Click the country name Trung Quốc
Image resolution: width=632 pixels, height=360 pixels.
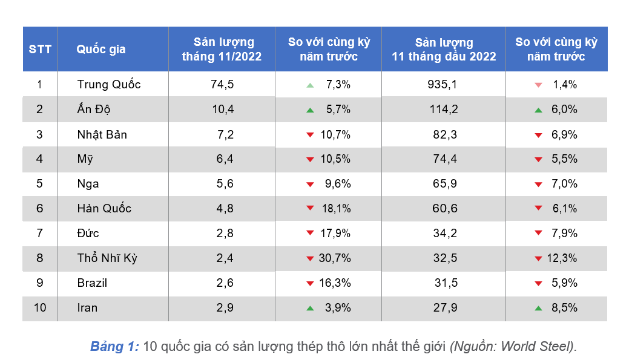point(109,85)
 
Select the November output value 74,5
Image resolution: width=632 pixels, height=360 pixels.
point(222,85)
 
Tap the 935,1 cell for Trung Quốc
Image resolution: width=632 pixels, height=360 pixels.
point(442,85)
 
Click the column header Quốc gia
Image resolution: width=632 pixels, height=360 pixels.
point(101,50)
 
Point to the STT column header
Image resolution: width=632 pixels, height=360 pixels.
point(40,50)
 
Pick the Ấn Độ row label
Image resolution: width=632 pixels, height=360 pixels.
point(94,110)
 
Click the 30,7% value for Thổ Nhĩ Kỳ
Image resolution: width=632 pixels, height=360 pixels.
point(335,258)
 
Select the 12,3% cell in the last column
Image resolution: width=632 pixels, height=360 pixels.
point(562,258)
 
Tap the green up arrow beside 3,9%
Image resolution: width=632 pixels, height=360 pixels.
point(310,308)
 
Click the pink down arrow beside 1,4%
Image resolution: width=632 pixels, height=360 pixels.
point(538,85)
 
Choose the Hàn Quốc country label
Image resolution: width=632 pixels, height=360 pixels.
point(104,209)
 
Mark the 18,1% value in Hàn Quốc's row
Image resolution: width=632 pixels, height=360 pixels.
point(337,209)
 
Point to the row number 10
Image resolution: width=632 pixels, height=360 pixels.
point(40,308)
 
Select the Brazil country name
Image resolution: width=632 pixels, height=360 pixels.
point(93,283)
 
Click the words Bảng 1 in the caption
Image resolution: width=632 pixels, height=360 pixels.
point(114,347)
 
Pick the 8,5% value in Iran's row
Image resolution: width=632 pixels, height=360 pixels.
point(565,308)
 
